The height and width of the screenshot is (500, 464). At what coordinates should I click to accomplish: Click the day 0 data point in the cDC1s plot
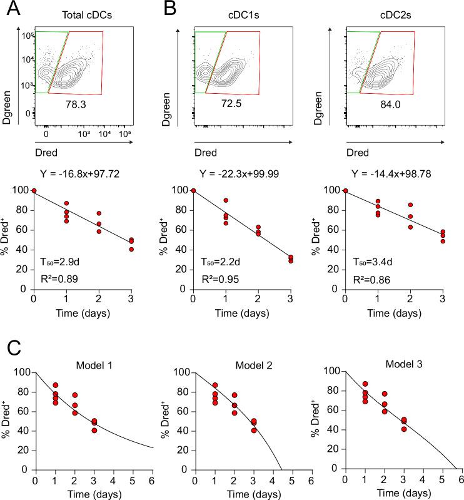tap(194, 191)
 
